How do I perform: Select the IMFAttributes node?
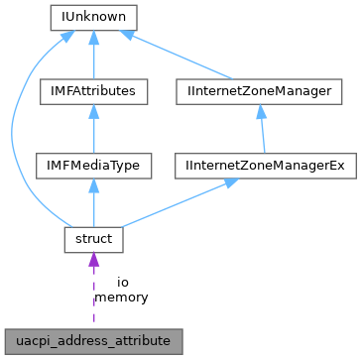pyautogui.click(x=92, y=91)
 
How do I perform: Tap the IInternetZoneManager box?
pyautogui.click(x=259, y=91)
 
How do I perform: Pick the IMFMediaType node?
pyautogui.click(x=92, y=166)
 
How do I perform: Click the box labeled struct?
pyautogui.click(x=92, y=240)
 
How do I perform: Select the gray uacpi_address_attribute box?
pyautogui.click(x=92, y=340)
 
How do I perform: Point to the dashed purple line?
pyautogui.click(x=92, y=298)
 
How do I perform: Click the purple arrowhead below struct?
pyautogui.click(x=92, y=261)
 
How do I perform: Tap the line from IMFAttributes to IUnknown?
pyautogui.click(x=92, y=60)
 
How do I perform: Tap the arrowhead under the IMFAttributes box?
pyautogui.click(x=92, y=111)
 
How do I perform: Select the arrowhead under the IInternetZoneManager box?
pyautogui.click(x=261, y=111)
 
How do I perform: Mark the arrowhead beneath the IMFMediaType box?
pyautogui.click(x=92, y=185)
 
